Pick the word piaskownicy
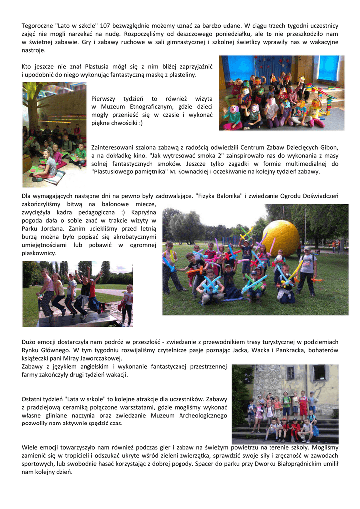[39, 253]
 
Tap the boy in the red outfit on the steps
[303, 403]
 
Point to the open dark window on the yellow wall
[319, 372]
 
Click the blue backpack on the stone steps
[315, 430]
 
